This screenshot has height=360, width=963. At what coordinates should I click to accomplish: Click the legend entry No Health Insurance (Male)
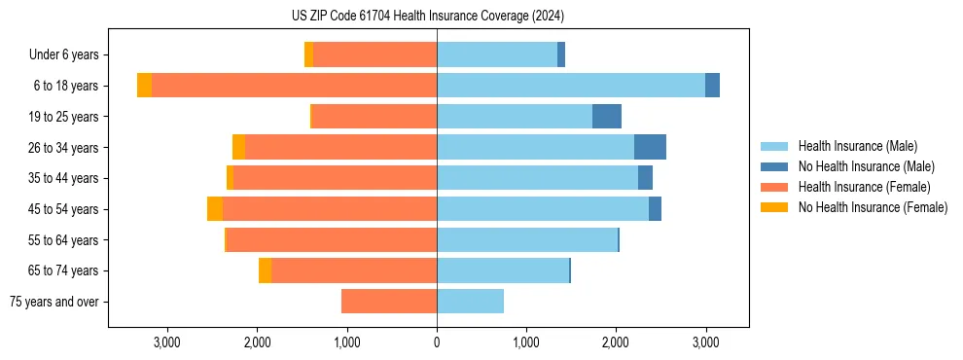(x=866, y=166)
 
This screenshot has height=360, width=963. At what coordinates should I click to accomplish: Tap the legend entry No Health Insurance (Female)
(x=873, y=207)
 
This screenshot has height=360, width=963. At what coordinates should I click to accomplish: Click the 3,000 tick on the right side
(x=705, y=342)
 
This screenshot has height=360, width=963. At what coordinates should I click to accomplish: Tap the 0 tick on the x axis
(x=437, y=342)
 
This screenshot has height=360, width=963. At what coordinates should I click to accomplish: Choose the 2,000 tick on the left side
(x=257, y=342)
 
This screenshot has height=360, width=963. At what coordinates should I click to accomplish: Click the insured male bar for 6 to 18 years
(x=571, y=86)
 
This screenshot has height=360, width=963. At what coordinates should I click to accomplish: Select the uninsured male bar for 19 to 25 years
(x=607, y=117)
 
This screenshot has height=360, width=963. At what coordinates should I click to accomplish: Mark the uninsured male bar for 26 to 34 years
(x=650, y=147)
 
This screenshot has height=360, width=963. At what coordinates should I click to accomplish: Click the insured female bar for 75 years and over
(x=389, y=302)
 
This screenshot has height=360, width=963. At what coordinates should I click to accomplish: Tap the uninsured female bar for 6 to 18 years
(x=144, y=86)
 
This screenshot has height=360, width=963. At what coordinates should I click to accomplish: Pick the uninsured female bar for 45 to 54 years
(x=215, y=209)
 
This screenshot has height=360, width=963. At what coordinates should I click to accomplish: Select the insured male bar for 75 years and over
(x=470, y=302)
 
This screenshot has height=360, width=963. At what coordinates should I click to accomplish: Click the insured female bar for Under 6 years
(x=374, y=55)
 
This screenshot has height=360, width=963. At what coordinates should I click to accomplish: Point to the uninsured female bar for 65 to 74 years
(x=265, y=270)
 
